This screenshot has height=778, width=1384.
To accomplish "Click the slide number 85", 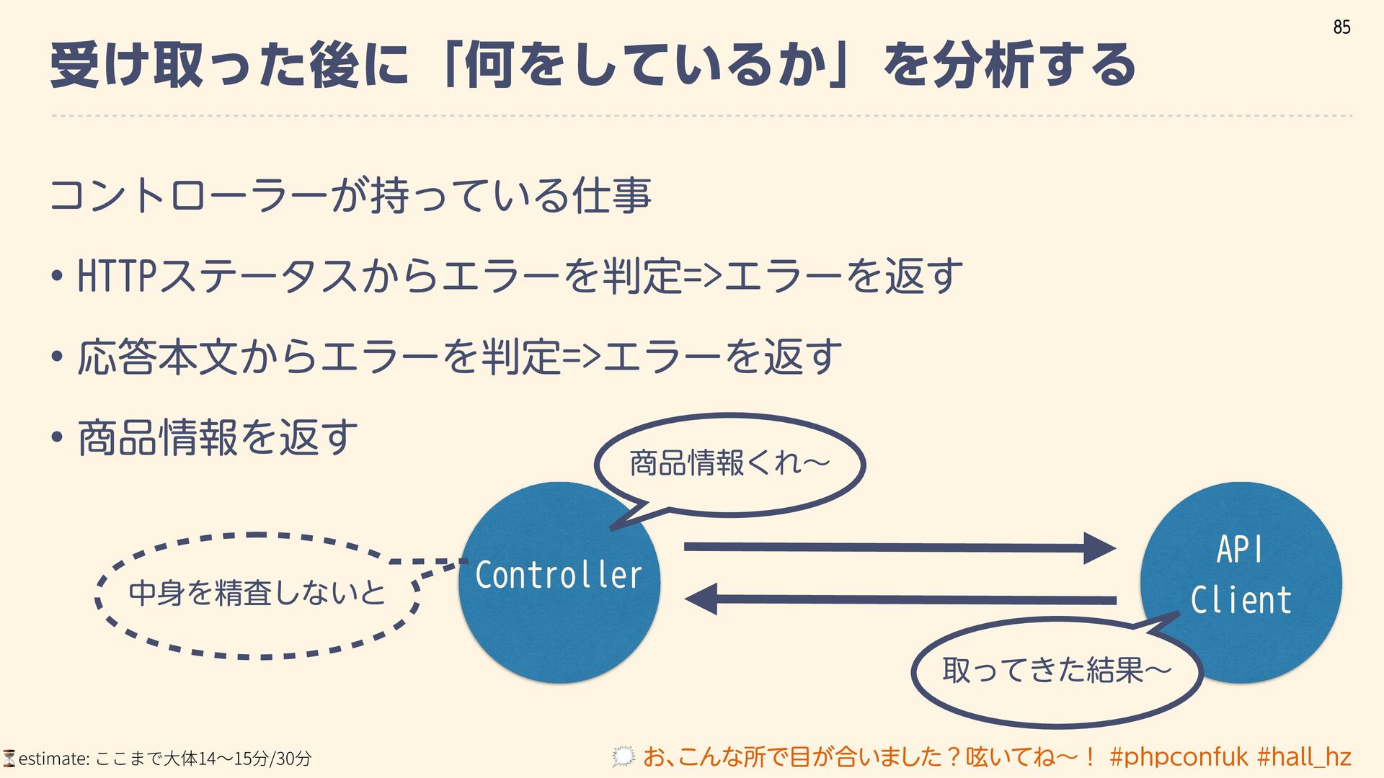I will [x=1341, y=27].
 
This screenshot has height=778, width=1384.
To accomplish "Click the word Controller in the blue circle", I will [x=559, y=575].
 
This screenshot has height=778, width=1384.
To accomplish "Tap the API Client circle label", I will [x=1241, y=575].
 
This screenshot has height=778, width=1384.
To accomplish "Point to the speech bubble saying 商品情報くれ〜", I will [x=729, y=463].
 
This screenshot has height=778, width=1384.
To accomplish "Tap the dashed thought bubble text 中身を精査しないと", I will [x=257, y=593].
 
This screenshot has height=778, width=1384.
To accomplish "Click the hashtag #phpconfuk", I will [x=1179, y=757].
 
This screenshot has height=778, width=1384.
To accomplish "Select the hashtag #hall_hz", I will [x=1304, y=757].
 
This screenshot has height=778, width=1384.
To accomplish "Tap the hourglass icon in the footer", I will [x=9, y=758].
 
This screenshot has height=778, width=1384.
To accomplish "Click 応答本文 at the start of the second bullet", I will [x=157, y=357].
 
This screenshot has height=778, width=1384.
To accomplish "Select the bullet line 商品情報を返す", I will [x=217, y=438].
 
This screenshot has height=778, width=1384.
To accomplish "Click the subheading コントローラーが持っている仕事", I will [x=350, y=195].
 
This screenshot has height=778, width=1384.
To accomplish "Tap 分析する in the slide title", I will [x=1034, y=65].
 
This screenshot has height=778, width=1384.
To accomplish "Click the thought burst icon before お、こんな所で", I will [x=624, y=756].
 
